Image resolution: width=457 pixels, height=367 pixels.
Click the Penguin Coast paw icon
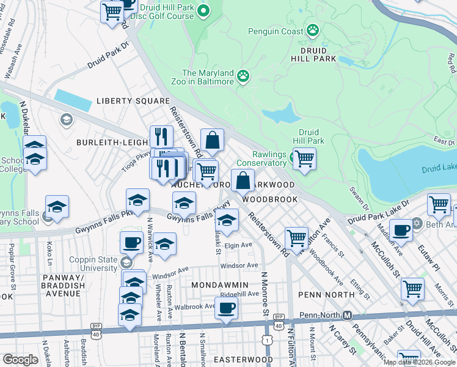[313, 29]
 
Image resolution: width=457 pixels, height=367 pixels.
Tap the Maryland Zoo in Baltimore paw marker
[243, 76]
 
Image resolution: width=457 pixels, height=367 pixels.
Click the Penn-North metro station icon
[346, 316]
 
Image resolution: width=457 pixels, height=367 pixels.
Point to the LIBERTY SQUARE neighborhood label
[133, 101]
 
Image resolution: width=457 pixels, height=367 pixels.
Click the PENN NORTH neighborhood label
[326, 295]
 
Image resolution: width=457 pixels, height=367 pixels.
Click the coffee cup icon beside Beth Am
[401, 231]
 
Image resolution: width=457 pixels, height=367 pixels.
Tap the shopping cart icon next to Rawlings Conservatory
[304, 159]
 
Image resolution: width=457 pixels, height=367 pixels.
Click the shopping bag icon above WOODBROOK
[243, 180]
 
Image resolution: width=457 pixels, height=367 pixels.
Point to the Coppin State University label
[93, 264]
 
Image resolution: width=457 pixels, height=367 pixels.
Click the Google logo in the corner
[21, 360]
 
